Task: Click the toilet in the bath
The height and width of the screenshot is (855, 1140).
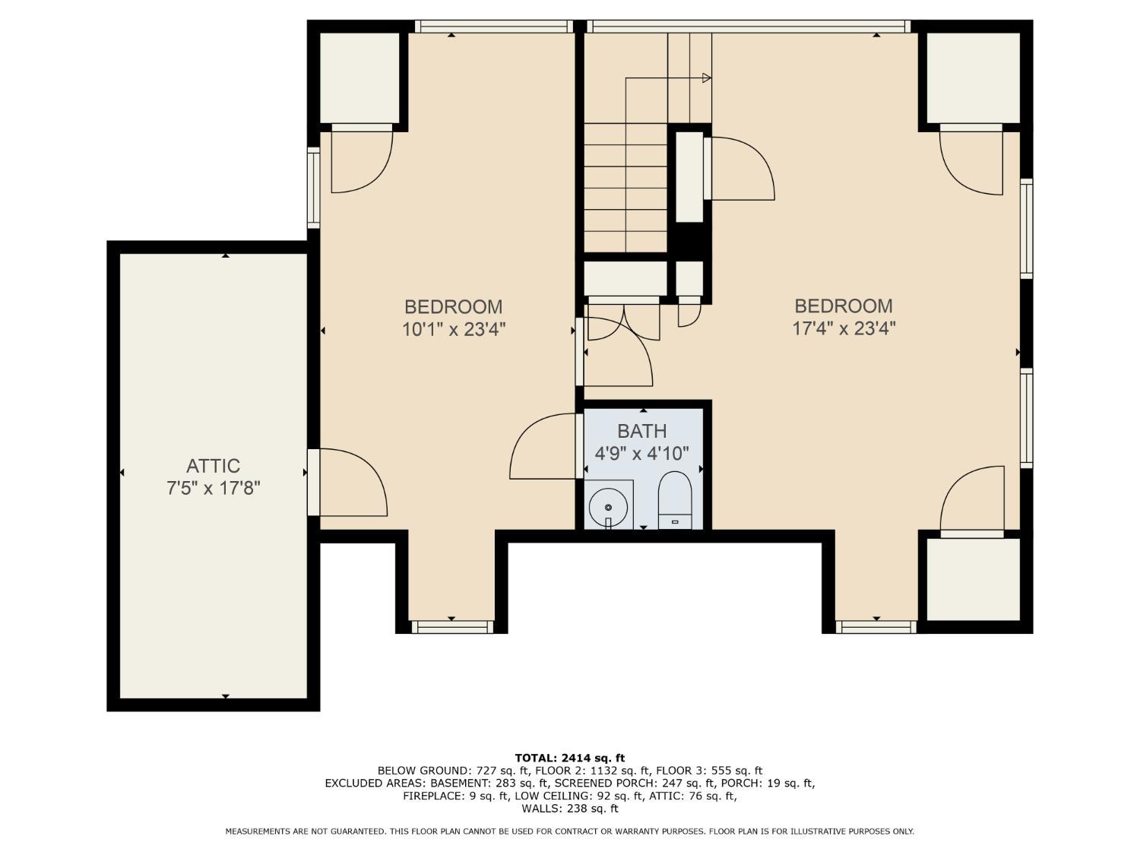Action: coord(674,500)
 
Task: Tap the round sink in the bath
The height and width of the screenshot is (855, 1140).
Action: coord(608,507)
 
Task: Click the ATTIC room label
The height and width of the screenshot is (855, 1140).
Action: coord(213,466)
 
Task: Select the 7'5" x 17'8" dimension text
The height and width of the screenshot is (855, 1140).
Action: coord(213,488)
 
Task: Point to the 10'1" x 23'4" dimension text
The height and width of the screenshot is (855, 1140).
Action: coord(454,329)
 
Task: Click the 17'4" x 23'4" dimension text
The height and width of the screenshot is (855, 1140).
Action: coord(844,328)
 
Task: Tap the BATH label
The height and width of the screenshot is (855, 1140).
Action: coord(642,431)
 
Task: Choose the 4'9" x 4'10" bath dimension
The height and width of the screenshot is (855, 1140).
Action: coord(642,454)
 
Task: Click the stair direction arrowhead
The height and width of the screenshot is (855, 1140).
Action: coord(706,78)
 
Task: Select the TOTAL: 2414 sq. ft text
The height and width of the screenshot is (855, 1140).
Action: coord(570,758)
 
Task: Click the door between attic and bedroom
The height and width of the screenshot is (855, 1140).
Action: coord(313,483)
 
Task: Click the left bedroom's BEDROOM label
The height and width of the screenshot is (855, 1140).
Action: coord(454,307)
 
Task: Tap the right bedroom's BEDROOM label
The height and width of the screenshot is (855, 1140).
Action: coord(844,306)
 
